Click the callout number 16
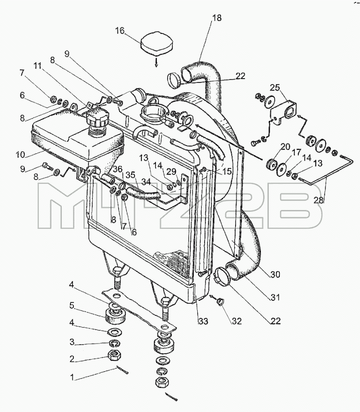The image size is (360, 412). [x=120, y=31]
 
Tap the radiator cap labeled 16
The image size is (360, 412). [x=157, y=45]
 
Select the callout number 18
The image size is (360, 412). [x=217, y=18]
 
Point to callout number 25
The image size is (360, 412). [x=275, y=88]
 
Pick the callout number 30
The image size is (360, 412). [x=275, y=274]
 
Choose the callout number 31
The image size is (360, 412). [x=275, y=297]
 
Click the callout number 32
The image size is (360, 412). [x=237, y=321]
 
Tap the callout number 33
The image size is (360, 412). [x=203, y=321]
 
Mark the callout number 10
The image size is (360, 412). [x=20, y=154]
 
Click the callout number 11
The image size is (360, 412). [x=37, y=66]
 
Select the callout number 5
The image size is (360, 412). [x=72, y=305]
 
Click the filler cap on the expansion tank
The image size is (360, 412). [x=97, y=119]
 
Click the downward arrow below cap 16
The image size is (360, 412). [x=156, y=63]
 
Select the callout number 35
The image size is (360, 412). [x=130, y=175]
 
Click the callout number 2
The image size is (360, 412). [x=72, y=359]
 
